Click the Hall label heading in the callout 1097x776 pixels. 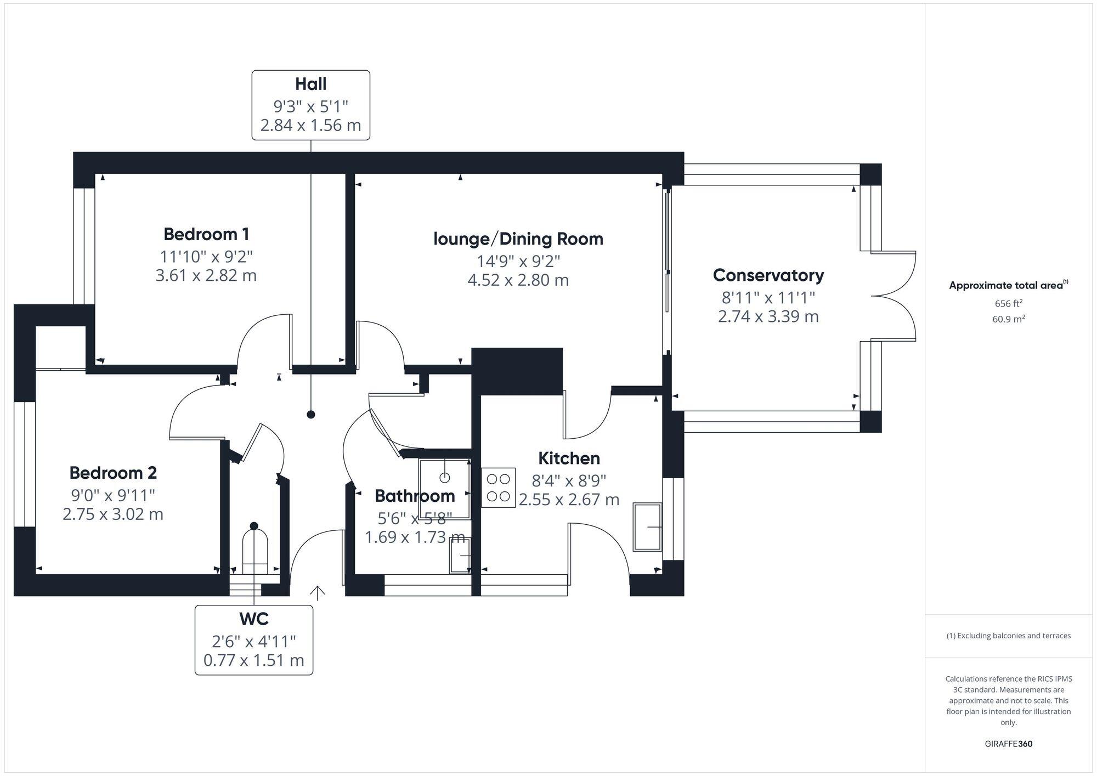(310, 84)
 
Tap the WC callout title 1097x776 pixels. (254, 619)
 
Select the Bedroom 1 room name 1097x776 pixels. (206, 234)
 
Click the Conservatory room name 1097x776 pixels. (768, 275)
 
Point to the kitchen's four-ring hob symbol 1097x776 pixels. (498, 487)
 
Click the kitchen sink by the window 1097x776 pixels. (647, 526)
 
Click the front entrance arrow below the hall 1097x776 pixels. (318, 592)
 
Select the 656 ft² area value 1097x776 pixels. (1008, 303)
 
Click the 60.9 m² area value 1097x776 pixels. (1008, 319)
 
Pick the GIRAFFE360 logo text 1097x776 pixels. (1008, 744)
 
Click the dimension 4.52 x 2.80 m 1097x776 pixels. (518, 280)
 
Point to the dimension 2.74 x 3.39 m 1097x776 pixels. (768, 316)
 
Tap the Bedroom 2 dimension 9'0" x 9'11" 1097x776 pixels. (113, 495)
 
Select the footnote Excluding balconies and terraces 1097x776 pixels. (1008, 636)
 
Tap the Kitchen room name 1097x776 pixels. (569, 458)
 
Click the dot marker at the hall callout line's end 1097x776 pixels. (311, 415)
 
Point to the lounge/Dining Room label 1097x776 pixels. (518, 239)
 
